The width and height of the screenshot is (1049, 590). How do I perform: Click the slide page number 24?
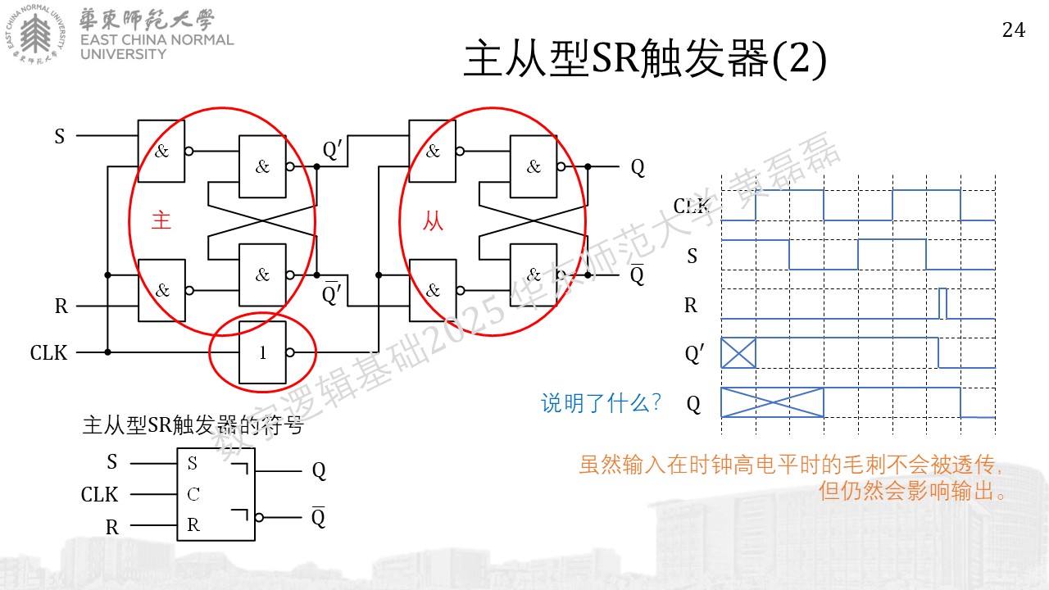coord(1014,30)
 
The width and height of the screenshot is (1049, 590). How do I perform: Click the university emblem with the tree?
coord(35,34)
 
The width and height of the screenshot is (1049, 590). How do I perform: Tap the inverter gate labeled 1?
coord(262,352)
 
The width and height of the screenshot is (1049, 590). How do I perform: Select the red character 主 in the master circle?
coord(161,220)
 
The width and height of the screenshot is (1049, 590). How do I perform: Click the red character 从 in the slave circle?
coord(433,220)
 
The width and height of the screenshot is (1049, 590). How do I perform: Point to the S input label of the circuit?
coord(60,136)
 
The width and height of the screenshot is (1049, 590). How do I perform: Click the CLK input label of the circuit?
coord(48,352)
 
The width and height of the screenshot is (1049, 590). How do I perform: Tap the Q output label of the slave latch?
coord(638,167)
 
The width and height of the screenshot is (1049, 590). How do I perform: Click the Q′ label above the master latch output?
coord(332,150)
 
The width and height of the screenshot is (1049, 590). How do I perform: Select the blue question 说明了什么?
coord(601,402)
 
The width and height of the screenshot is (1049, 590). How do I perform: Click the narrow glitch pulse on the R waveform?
coord(942,303)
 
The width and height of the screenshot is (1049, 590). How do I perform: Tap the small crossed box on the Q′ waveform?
coord(738,352)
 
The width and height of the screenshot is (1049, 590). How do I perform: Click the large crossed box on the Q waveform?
coord(772,402)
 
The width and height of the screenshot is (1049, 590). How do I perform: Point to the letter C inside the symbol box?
coord(193,494)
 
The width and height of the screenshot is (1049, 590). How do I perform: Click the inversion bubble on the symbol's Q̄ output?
coord(259,517)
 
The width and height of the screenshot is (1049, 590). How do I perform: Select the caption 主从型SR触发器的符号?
coord(193,425)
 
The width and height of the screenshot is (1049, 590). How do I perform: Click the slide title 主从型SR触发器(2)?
coord(645,58)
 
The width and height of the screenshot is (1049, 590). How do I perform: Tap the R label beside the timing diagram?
coord(691,306)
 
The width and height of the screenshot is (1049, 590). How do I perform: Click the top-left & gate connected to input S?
coord(161,151)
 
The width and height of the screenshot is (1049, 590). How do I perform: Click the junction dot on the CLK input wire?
coord(107,352)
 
